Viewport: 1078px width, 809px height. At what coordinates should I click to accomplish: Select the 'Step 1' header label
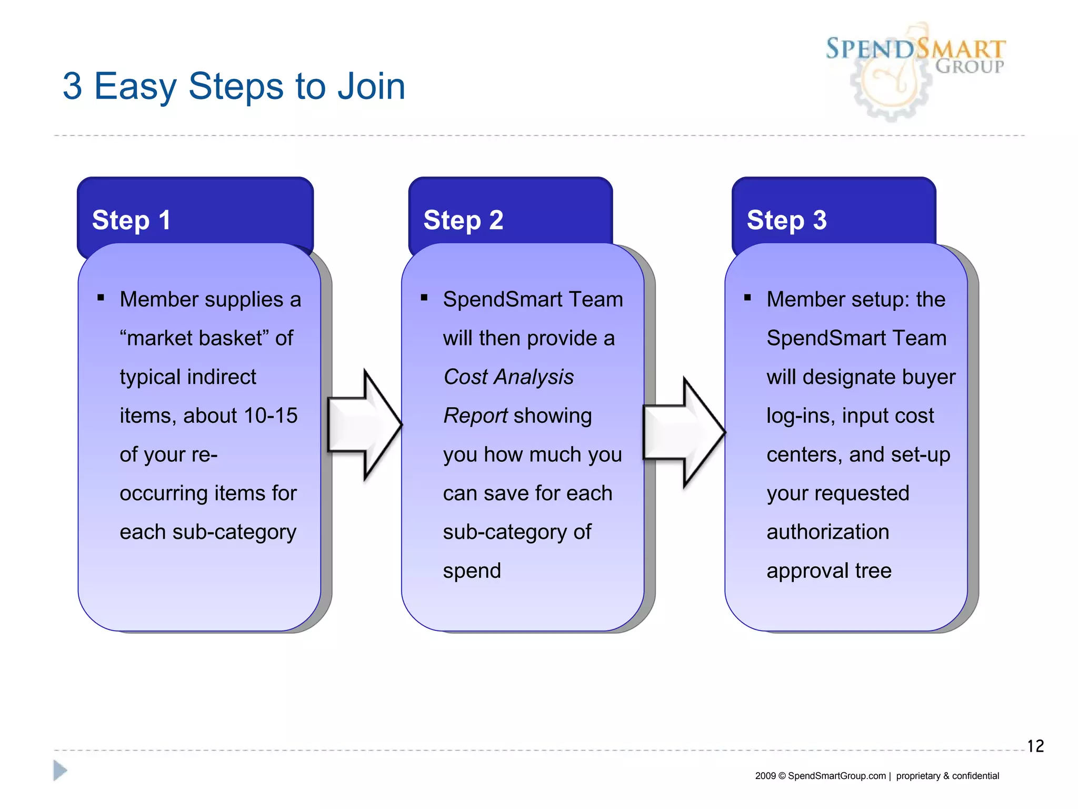coord(132,220)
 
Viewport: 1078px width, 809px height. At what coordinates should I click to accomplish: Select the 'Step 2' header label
coord(463,220)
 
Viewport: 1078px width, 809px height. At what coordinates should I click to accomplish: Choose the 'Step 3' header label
coord(786,220)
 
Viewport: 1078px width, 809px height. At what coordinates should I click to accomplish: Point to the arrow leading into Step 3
coord(684,432)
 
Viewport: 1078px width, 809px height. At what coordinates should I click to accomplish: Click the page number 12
coord(1035,746)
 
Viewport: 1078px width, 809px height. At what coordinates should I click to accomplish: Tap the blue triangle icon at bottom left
coord(60,771)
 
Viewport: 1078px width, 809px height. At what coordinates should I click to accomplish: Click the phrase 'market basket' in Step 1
coord(195,338)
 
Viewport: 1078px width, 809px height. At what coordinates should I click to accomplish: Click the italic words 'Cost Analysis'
coord(508,377)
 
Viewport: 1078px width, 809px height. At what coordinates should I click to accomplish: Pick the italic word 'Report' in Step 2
coord(475,416)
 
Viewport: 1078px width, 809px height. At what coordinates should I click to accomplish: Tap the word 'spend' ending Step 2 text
coord(472,571)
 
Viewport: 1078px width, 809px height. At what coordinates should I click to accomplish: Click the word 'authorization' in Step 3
coord(827,532)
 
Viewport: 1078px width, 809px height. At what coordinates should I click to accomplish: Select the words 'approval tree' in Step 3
coord(829,571)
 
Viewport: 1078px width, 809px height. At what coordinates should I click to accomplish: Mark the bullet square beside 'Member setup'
coord(747,298)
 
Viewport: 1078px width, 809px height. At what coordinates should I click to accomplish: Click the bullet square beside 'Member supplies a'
coord(101,298)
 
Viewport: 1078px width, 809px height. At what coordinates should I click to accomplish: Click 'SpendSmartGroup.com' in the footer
coord(836,776)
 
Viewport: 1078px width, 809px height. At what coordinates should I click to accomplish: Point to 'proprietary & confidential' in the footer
coord(947,776)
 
